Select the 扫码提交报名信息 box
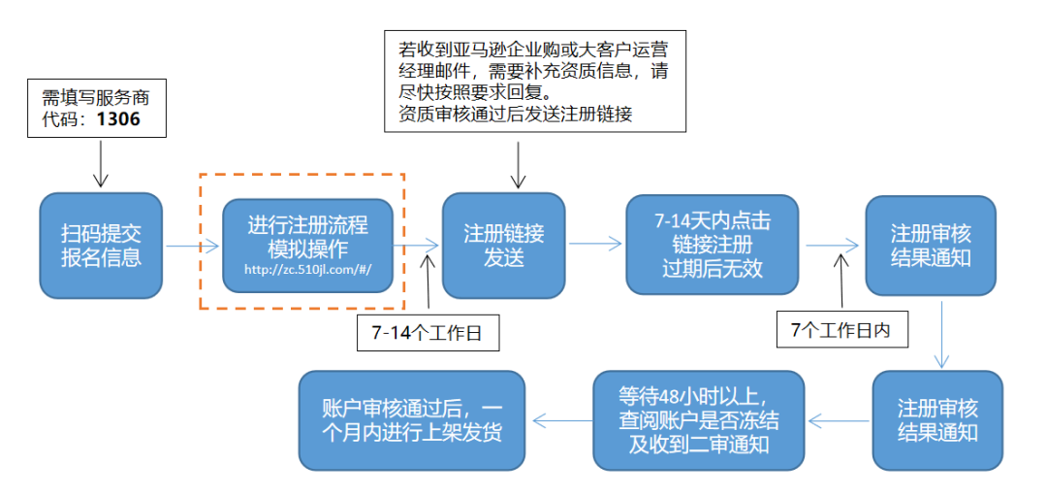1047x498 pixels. (x=101, y=246)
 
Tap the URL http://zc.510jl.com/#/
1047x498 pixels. (x=307, y=271)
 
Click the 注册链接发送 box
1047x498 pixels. (x=503, y=246)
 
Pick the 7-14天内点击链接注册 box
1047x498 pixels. (x=713, y=245)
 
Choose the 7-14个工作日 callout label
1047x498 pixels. (x=427, y=333)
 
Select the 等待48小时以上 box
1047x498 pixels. (x=699, y=419)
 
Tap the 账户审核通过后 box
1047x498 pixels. (x=412, y=419)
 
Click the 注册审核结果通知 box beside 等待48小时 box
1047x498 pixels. (x=936, y=419)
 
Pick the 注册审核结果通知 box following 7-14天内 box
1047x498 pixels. (x=931, y=246)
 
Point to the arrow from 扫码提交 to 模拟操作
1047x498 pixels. (x=193, y=247)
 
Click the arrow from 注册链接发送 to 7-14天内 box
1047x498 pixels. (x=595, y=247)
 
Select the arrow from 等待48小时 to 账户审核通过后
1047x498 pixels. (x=561, y=420)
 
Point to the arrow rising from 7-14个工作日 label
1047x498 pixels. (x=427, y=282)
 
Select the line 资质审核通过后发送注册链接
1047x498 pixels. (x=515, y=114)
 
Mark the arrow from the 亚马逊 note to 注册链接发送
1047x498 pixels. (x=519, y=163)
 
